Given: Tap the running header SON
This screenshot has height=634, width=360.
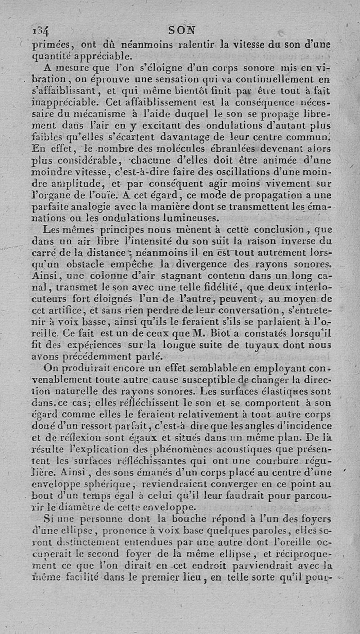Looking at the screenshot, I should [x=182, y=30].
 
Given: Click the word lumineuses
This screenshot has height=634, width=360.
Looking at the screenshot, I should [x=184, y=219].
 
